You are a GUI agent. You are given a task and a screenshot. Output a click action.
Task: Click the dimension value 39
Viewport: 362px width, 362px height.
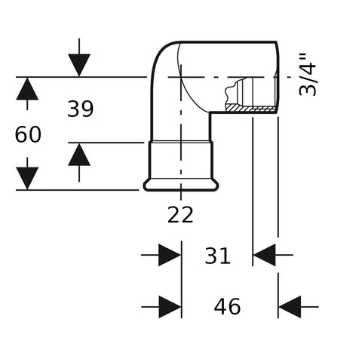click(81, 109)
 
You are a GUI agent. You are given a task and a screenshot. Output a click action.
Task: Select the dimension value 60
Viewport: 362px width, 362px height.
click(28, 134)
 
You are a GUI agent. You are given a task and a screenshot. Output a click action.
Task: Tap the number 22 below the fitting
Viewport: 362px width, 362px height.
click(180, 214)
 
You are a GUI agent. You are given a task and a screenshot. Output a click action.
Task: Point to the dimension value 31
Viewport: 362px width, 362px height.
click(217, 256)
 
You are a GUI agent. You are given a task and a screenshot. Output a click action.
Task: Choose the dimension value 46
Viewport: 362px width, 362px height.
click(227, 306)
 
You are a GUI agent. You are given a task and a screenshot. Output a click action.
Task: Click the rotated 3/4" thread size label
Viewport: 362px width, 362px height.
click(308, 75)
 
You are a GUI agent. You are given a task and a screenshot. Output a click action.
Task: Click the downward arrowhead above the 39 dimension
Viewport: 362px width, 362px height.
click(79, 65)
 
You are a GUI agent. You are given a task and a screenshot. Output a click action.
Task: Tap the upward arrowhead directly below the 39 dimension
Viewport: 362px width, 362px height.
click(79, 155)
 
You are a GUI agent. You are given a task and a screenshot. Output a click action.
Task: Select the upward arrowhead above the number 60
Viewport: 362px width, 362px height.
click(27, 89)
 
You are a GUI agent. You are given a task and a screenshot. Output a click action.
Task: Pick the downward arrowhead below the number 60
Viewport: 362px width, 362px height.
click(27, 178)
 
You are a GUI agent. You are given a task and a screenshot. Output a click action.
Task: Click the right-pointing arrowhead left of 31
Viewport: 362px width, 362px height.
click(170, 255)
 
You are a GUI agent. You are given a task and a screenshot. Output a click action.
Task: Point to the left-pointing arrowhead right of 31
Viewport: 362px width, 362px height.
click(265, 255)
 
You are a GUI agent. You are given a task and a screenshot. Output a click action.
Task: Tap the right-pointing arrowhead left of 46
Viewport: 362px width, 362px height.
click(170, 307)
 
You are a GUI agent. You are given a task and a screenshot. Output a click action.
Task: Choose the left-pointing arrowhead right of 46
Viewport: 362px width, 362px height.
click(290, 307)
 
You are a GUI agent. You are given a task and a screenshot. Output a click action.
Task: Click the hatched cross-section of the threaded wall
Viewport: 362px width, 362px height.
click(250, 108)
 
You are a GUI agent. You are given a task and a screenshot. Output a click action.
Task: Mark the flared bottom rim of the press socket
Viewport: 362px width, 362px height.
click(181, 186)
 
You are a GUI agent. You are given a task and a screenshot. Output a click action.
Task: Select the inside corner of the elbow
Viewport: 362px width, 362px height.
click(210, 112)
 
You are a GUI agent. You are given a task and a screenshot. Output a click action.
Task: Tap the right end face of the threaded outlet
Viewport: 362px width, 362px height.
click(278, 77)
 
